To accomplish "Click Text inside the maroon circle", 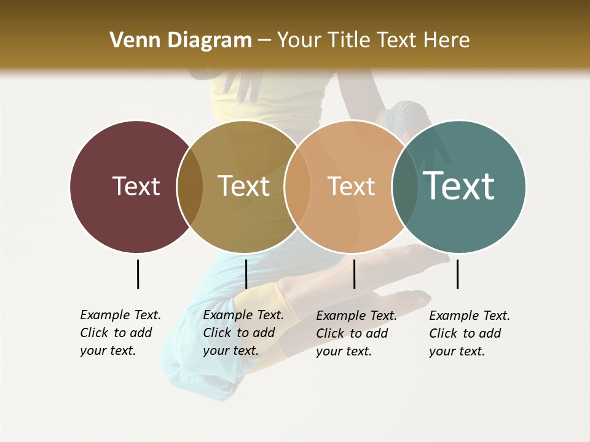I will tap(136, 186).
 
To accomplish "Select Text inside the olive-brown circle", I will tap(243, 186).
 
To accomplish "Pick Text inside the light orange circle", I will tap(351, 186).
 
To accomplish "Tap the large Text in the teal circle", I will tap(459, 185).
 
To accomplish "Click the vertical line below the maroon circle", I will tap(138, 274).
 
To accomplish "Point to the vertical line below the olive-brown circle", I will tap(246, 274).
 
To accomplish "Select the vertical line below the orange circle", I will tap(354, 274).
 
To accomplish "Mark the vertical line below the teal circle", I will tap(457, 274).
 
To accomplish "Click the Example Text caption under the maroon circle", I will tap(120, 333).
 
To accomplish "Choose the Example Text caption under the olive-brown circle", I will tap(243, 333).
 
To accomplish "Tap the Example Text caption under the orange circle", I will tap(356, 333).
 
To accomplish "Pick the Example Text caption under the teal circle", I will tap(469, 333).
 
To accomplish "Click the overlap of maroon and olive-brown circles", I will tap(190, 186).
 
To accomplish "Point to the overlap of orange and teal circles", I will tap(405, 186).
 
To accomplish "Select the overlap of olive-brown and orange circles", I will tap(297, 186).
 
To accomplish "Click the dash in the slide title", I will tap(264, 41).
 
